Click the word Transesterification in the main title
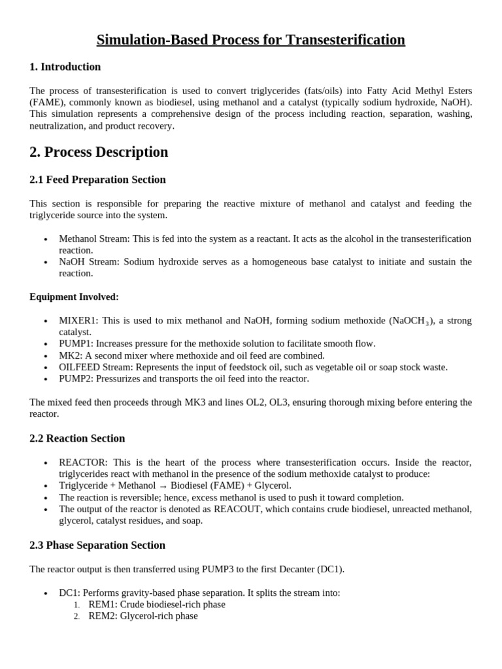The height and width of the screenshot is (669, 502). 341,40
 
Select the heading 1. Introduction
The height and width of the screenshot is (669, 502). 65,67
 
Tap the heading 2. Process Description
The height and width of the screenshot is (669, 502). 99,152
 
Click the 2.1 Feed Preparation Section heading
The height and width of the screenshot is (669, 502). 98,180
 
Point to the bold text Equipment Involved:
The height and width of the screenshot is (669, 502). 74,297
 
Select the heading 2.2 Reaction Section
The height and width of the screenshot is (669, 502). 77,438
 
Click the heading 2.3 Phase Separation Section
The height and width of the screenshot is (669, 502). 97,546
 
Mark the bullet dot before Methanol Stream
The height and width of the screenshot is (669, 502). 46,240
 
